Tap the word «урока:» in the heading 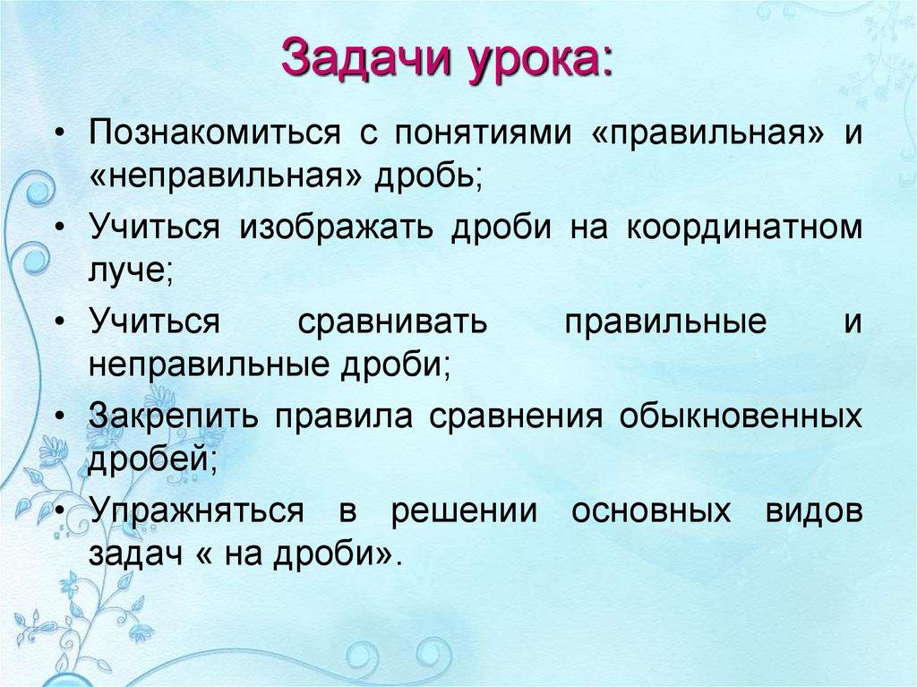point(539,58)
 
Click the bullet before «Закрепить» point(58,417)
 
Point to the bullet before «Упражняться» point(58,512)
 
